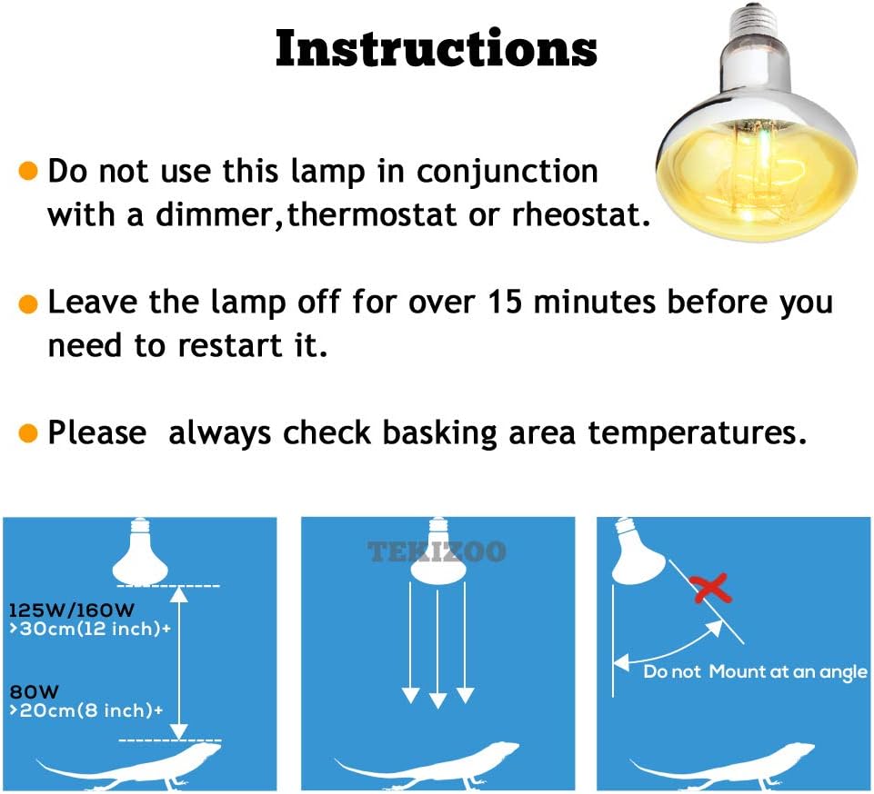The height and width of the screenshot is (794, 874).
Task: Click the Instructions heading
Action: click(437, 49)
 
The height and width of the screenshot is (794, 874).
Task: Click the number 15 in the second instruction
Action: click(496, 303)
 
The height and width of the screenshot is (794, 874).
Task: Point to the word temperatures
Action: click(697, 433)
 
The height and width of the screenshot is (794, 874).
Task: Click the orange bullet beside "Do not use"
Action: click(29, 172)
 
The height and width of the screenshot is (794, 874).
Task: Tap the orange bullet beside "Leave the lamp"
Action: click(29, 303)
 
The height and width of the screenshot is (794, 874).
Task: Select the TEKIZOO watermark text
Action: click(437, 551)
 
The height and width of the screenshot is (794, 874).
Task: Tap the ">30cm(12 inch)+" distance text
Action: click(89, 628)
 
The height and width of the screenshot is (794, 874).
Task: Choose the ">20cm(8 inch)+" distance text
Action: click(85, 711)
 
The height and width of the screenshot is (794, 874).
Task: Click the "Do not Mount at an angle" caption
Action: click(755, 672)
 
